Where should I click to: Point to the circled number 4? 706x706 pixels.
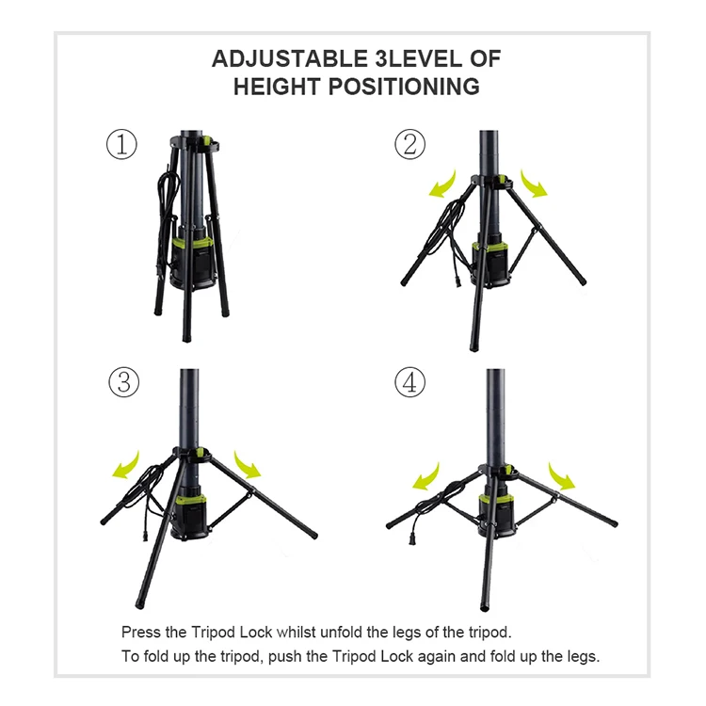(x=409, y=382)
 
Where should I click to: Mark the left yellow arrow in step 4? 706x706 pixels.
(x=428, y=474)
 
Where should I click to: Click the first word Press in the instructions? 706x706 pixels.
(x=140, y=632)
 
